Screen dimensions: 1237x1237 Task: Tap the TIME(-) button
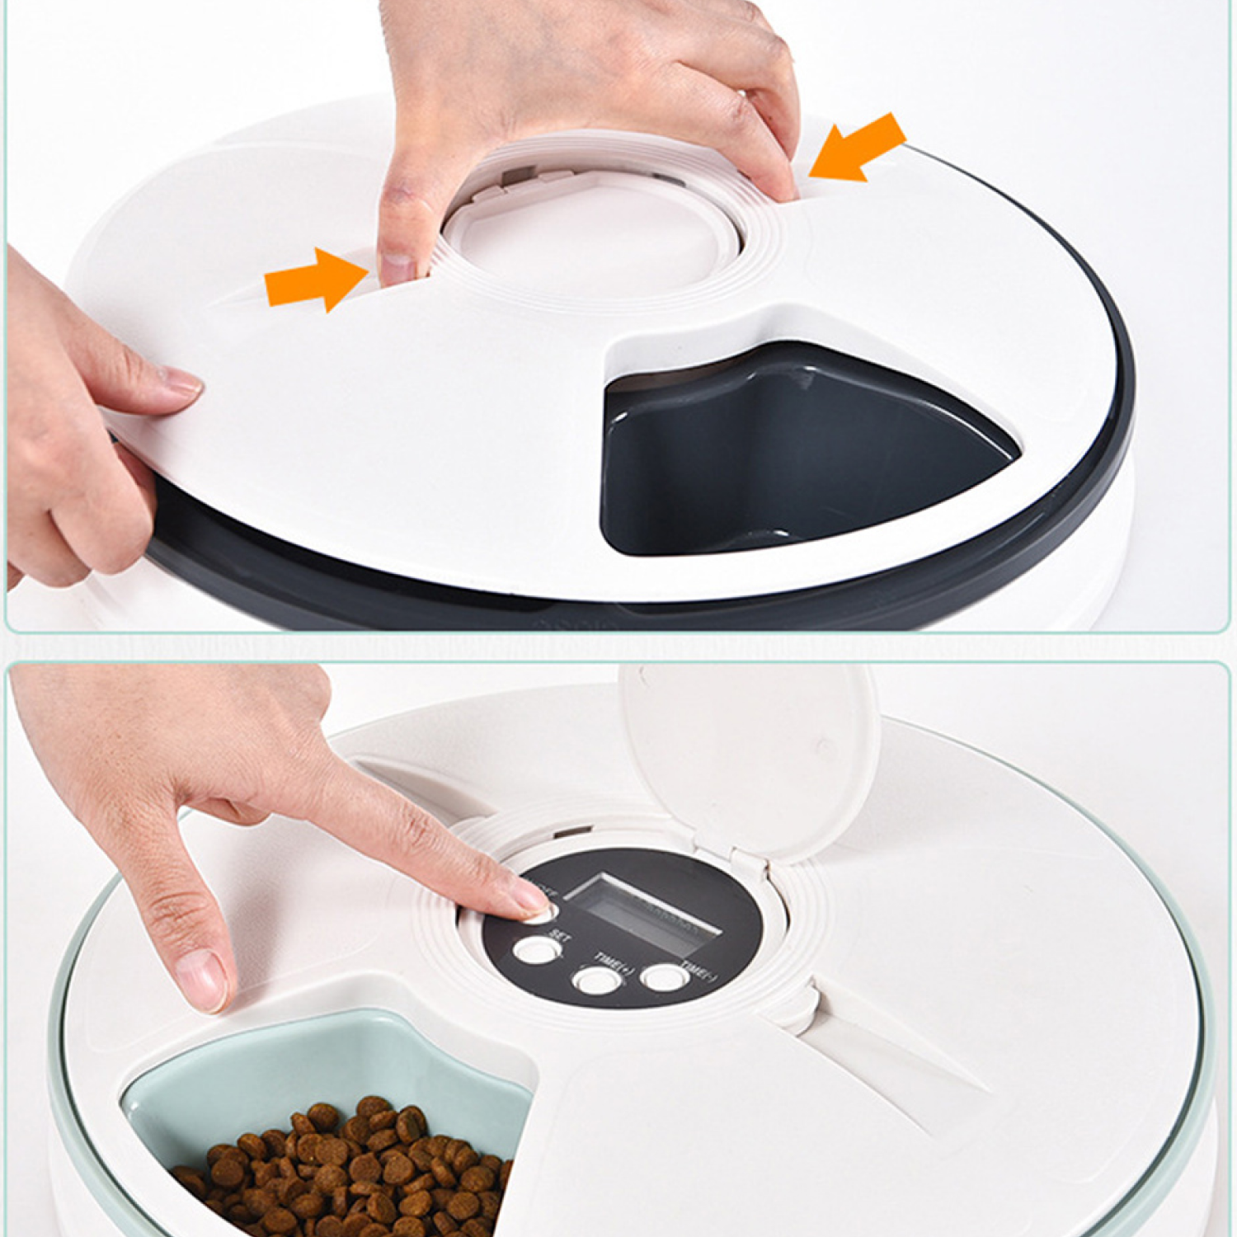pos(665,977)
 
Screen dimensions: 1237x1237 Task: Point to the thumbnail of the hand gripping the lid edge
pos(181,381)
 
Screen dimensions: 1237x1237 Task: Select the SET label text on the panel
pos(559,936)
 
